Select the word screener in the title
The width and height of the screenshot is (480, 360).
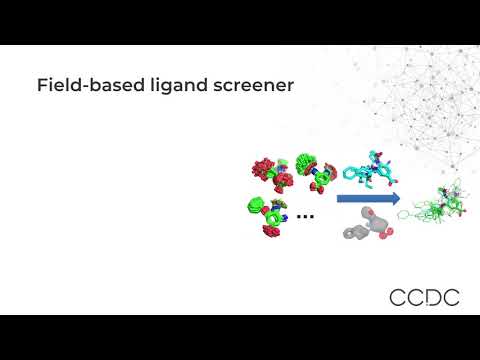[254, 86]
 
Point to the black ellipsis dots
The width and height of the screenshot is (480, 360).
[306, 215]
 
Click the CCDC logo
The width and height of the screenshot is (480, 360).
[424, 296]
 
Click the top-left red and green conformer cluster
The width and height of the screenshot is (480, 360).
[269, 169]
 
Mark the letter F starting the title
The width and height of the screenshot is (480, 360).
[42, 86]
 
